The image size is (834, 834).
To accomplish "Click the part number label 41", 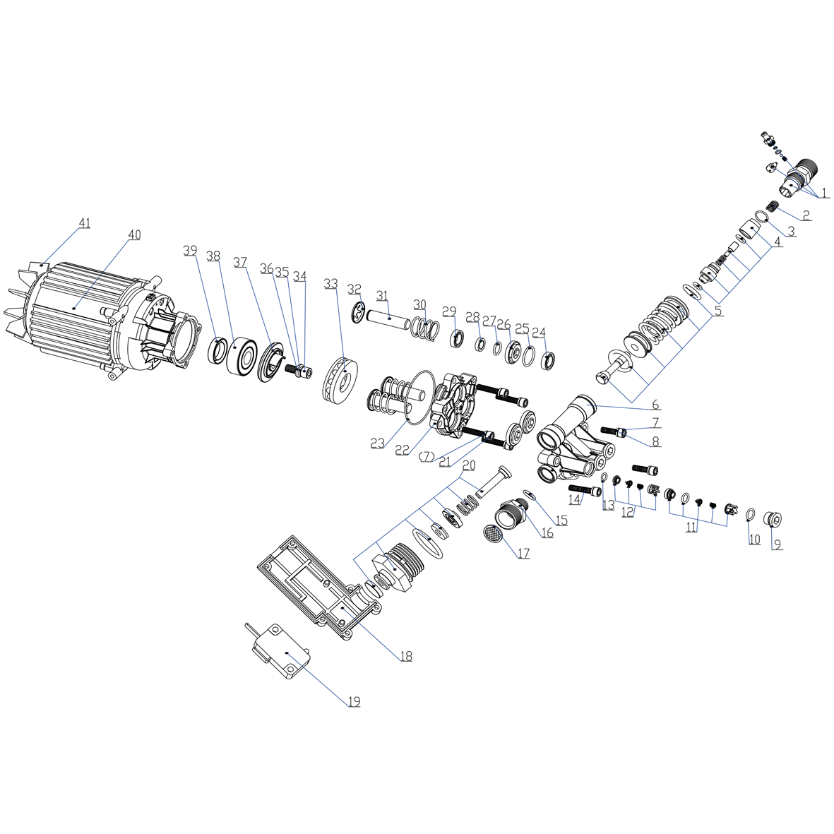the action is pos(85,223).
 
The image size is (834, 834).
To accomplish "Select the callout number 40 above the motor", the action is pos(135,234).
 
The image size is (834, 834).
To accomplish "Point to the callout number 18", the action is pos(406,656).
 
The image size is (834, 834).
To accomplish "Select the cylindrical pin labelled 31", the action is pos(388,318).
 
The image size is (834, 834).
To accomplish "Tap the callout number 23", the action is pos(378,443).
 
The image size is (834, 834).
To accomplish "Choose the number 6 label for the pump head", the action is pos(656,405).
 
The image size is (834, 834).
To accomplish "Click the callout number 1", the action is pos(824,193).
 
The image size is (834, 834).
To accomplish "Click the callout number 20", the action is pos(468,465).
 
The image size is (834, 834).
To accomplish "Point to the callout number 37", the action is pos(240,262).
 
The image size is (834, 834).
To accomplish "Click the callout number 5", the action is pos(719,311).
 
